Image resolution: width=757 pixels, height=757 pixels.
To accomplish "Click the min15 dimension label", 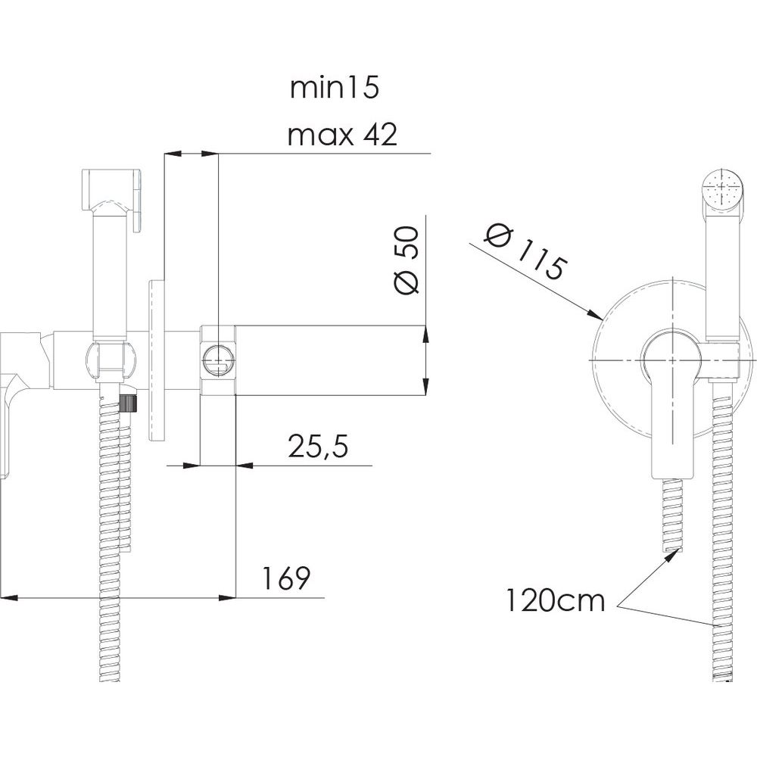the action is [334, 89].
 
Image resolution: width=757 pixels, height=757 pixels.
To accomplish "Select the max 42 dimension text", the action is [342, 135].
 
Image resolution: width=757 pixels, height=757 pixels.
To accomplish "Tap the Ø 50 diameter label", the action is [406, 260].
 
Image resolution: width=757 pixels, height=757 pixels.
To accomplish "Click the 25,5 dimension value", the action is [318, 446].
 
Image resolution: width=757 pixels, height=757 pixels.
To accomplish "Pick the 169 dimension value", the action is [285, 578].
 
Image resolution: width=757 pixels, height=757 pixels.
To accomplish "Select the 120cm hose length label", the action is [555, 601].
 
